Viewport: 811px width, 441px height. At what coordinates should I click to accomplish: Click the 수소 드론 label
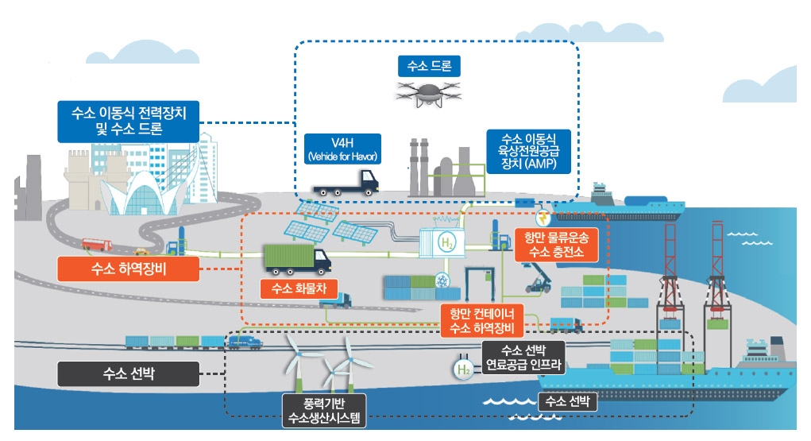coord(429,66)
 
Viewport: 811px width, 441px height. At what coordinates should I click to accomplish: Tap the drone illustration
coord(428,92)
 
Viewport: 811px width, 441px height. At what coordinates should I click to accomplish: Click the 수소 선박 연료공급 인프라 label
coord(523,358)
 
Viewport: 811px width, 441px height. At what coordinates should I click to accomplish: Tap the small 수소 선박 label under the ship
coord(567,402)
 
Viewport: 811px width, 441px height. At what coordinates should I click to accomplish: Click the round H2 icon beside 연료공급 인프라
coord(463,369)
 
